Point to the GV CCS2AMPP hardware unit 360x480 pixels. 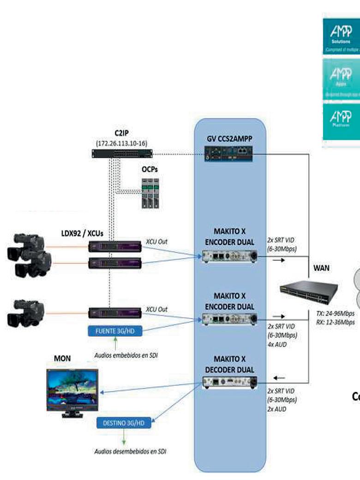230,154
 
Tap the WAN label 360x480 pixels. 322,268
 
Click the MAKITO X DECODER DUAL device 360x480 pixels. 229,383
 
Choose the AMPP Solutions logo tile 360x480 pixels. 341,36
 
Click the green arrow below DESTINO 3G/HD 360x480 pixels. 124,436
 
